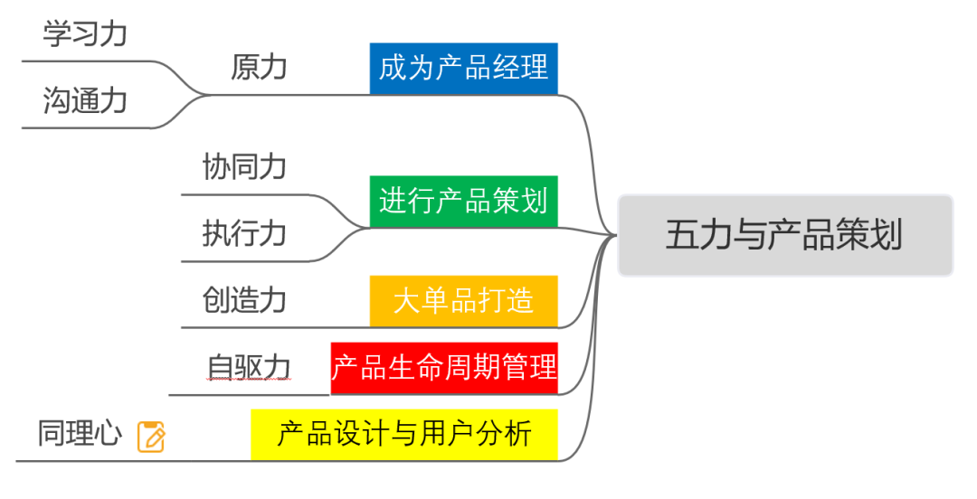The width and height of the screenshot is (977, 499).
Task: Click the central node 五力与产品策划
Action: pyautogui.click(x=784, y=235)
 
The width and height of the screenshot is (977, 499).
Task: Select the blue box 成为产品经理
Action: pyautogui.click(x=463, y=68)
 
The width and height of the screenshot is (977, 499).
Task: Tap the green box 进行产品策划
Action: pyautogui.click(x=463, y=201)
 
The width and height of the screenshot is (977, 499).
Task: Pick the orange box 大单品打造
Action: pyautogui.click(x=463, y=300)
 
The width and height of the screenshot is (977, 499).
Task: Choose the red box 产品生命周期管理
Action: pyautogui.click(x=443, y=368)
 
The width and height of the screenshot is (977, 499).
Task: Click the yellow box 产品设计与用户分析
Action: pyautogui.click(x=404, y=434)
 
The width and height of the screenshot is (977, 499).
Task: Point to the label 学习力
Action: pyautogui.click(x=85, y=34)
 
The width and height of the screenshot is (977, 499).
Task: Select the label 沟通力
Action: pyautogui.click(x=85, y=100)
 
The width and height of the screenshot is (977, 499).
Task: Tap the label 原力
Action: pyautogui.click(x=259, y=67)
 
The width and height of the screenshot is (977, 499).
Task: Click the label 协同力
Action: pyautogui.click(x=244, y=166)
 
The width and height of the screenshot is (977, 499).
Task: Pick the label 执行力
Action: pyautogui.click(x=244, y=233)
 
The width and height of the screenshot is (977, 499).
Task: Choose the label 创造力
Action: pyautogui.click(x=244, y=299)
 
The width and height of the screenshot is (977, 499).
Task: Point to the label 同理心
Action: pyautogui.click(x=80, y=433)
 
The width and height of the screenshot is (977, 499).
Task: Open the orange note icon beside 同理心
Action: pyautogui.click(x=151, y=437)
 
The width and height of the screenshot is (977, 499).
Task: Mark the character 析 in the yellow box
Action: pyautogui.click(x=518, y=434)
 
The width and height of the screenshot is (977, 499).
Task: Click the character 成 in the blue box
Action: pyautogui.click(x=393, y=68)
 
